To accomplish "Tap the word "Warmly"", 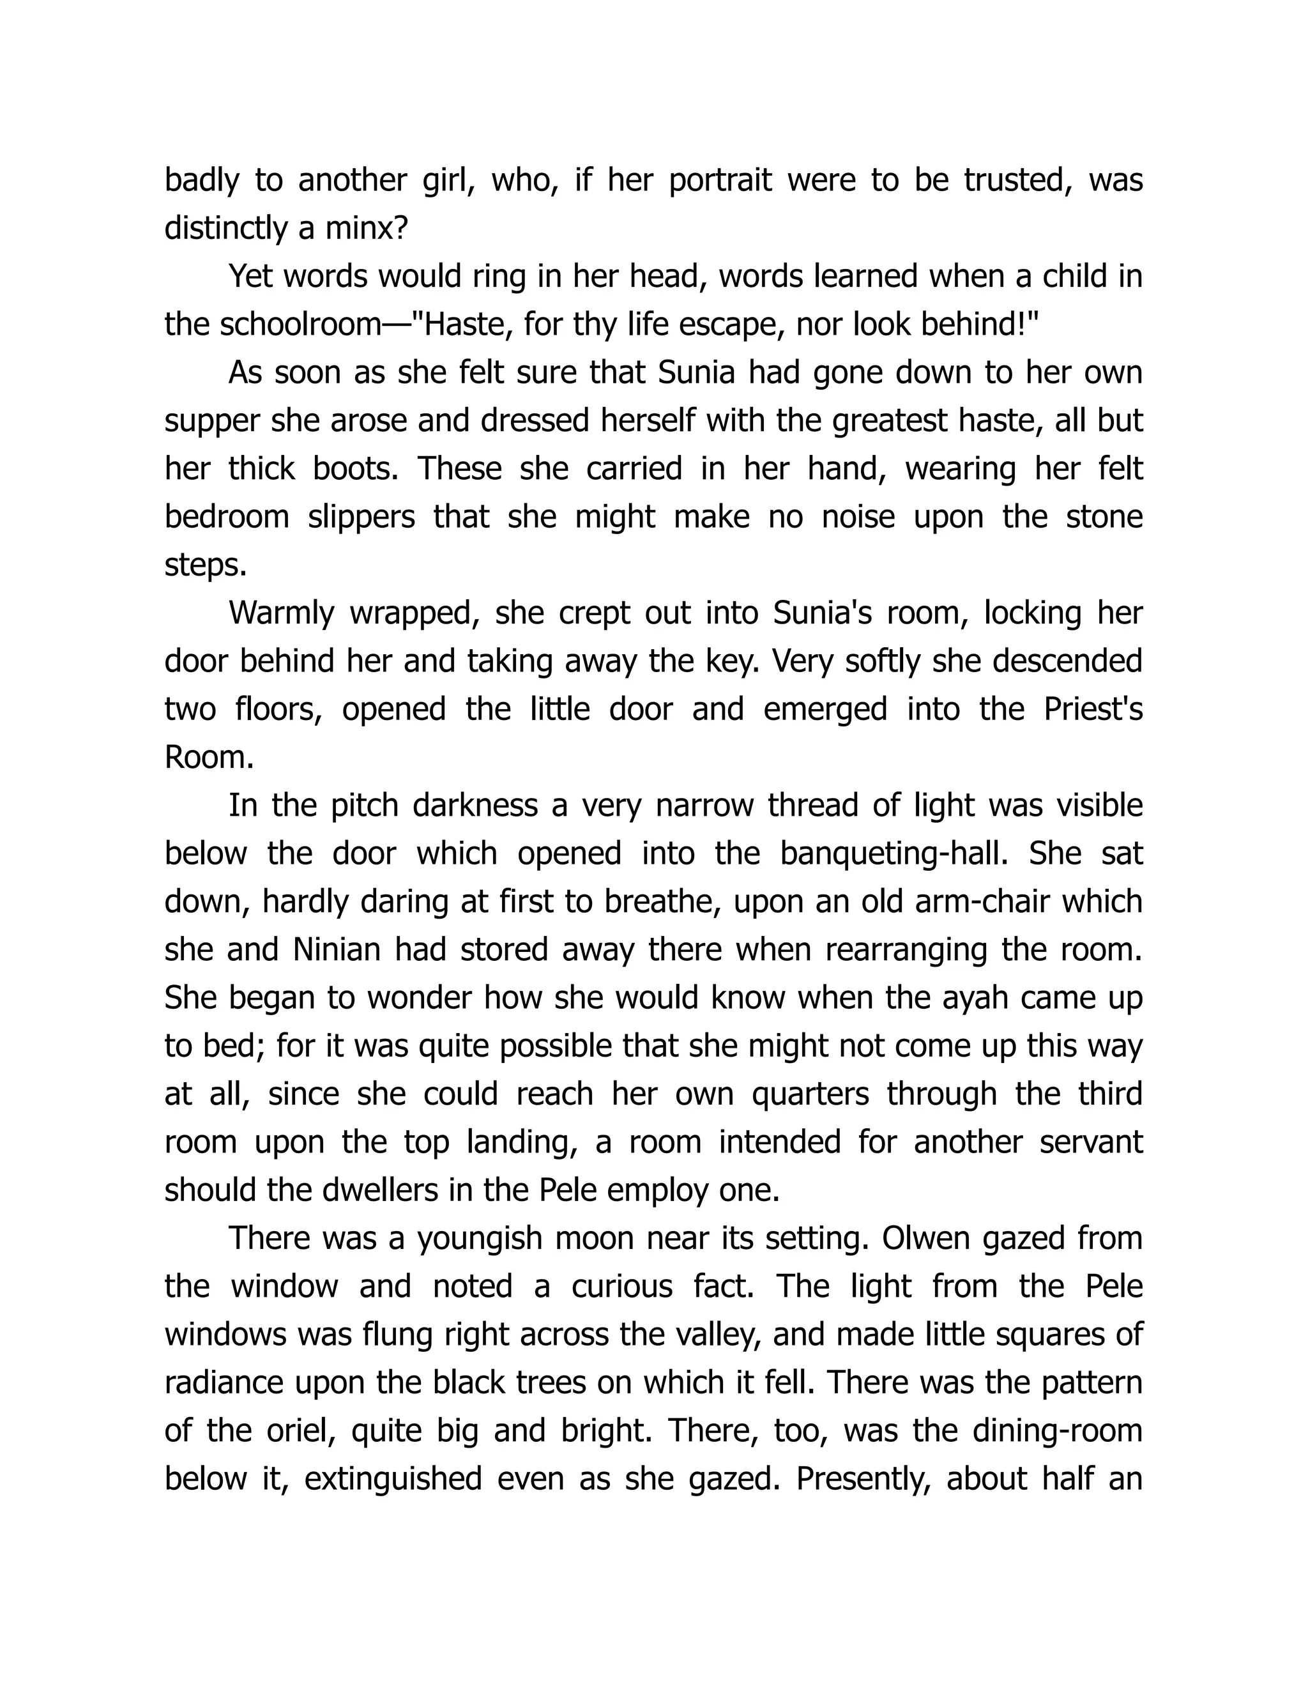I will (x=281, y=613).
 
